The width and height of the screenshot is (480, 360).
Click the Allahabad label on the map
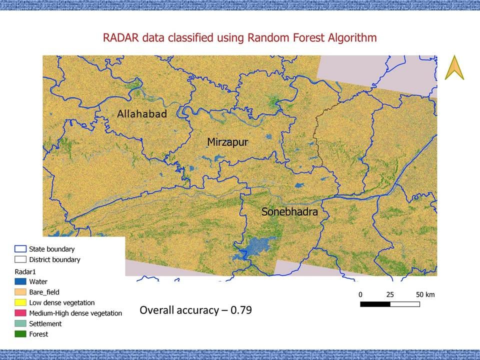[141, 114]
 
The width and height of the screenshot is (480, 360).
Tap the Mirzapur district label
[227, 142]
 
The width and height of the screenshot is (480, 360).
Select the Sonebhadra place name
[289, 212]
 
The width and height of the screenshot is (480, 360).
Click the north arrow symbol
[454, 67]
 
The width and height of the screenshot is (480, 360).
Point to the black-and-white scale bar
[389, 304]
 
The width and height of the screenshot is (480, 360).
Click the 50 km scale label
[425, 294]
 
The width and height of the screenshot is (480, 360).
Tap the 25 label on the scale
[390, 294]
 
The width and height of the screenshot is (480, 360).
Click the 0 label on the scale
[360, 294]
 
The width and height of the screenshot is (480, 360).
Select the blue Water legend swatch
[20, 281]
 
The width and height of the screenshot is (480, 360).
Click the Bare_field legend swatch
[20, 292]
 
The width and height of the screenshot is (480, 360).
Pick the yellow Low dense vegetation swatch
[20, 302]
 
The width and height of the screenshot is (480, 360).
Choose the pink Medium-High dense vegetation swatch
[20, 313]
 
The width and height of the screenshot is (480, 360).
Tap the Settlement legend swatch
[20, 323]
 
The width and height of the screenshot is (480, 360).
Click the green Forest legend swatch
[20, 334]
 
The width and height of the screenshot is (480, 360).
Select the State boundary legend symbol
[20, 249]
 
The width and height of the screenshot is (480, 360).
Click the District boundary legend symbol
[20, 259]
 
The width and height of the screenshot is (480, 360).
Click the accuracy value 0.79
[242, 310]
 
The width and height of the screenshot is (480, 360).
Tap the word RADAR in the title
[119, 37]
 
